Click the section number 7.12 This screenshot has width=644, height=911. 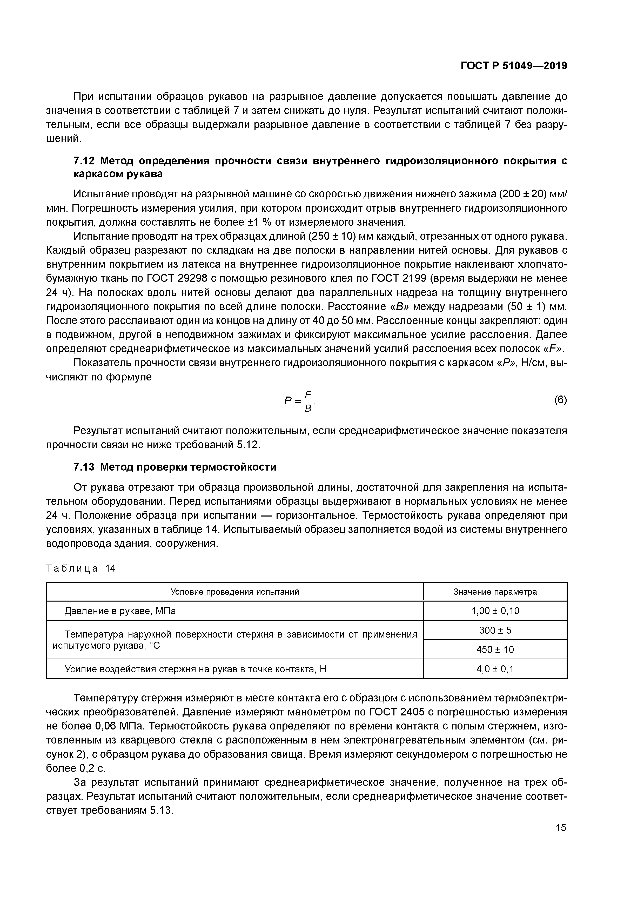pyautogui.click(x=84, y=161)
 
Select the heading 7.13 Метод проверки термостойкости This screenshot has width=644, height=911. pyautogui.click(x=175, y=467)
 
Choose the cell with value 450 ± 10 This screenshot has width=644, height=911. pyautogui.click(x=495, y=649)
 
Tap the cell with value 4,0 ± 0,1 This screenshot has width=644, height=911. pyautogui.click(x=495, y=669)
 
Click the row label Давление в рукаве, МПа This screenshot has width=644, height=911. pyautogui.click(x=120, y=611)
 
